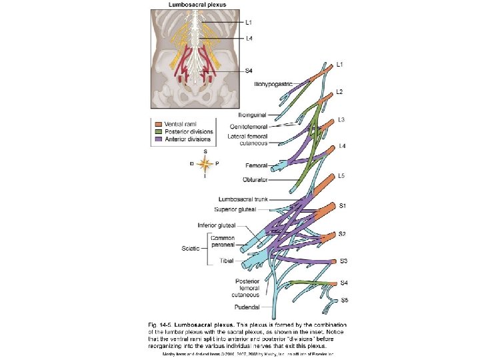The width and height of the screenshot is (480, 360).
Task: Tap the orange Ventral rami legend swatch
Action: coord(157,124)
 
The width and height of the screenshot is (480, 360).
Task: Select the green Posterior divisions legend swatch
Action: coord(157,132)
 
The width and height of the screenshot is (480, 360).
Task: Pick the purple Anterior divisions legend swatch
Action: coord(157,139)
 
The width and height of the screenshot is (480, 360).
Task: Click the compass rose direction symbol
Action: coord(205,163)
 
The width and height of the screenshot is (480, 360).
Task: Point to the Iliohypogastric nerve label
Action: coord(271,84)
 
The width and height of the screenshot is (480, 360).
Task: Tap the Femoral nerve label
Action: coord(256,165)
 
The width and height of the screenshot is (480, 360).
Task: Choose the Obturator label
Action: coord(255,179)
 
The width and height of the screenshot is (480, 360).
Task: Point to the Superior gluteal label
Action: coord(244,209)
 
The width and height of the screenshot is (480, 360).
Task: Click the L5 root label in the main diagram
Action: coord(341,175)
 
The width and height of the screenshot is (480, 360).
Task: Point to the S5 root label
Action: coord(344,301)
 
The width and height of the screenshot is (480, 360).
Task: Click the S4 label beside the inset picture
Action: coord(249,71)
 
